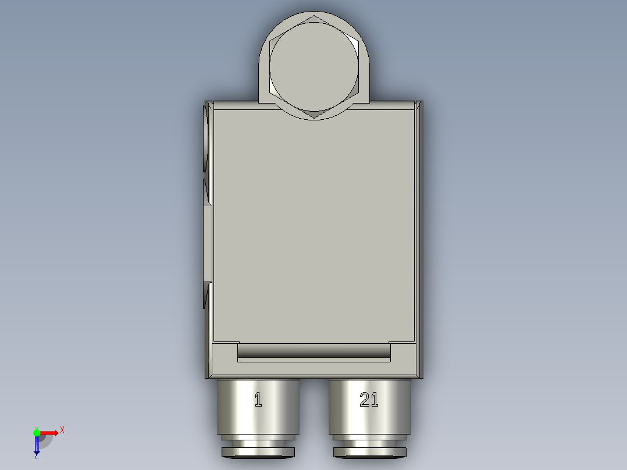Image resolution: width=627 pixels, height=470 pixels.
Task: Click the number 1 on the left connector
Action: coord(258,400)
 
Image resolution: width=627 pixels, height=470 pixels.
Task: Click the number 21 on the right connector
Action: coord(369,400)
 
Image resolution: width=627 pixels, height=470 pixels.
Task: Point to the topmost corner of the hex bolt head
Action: coord(314,16)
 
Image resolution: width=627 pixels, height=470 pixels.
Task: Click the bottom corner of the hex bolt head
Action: coord(314,117)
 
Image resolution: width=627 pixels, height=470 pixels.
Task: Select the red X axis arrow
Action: coord(49,432)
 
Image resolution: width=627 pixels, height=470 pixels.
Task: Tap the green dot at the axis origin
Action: coord(37,432)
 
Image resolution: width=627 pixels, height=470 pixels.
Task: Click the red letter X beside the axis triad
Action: coord(62,430)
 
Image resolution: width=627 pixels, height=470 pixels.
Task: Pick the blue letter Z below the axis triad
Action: coord(36,456)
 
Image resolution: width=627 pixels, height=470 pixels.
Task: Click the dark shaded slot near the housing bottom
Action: coord(314,350)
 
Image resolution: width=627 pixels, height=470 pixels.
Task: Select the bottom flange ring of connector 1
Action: coord(258,452)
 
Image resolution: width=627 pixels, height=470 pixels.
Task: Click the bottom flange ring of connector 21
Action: coord(369,452)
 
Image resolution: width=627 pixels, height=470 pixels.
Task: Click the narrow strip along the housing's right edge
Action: coord(420,233)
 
